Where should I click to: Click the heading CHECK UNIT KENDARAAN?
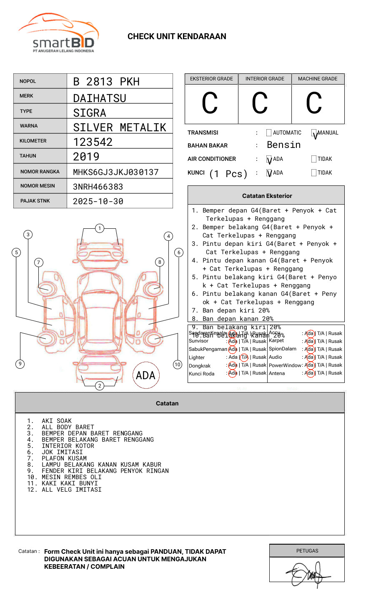pyautogui.click(x=177, y=37)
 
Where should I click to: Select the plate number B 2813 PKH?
pyautogui.click(x=106, y=82)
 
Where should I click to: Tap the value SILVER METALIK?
pyautogui.click(x=120, y=127)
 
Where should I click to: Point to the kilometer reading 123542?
pyautogui.click(x=93, y=142)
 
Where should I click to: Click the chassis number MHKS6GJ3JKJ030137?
pyautogui.click(x=116, y=172)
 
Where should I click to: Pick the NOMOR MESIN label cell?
pyautogui.click(x=40, y=186)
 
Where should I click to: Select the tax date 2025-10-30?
pyautogui.click(x=98, y=201)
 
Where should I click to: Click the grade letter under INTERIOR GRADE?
pyautogui.click(x=260, y=103)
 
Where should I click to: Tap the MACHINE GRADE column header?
pyautogui.click(x=318, y=79)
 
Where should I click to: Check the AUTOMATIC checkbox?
pyautogui.click(x=269, y=133)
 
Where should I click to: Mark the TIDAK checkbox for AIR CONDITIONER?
pyautogui.click(x=314, y=159)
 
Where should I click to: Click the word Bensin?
pyautogui.click(x=283, y=145)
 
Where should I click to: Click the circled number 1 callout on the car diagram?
pyautogui.click(x=99, y=228)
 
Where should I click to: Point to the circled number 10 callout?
pyautogui.click(x=178, y=365)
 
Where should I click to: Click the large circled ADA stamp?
pyautogui.click(x=146, y=375)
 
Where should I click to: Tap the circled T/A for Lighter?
pyautogui.click(x=244, y=357)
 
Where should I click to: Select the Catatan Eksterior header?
pyautogui.click(x=267, y=196)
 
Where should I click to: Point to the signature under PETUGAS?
pyautogui.click(x=308, y=575)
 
